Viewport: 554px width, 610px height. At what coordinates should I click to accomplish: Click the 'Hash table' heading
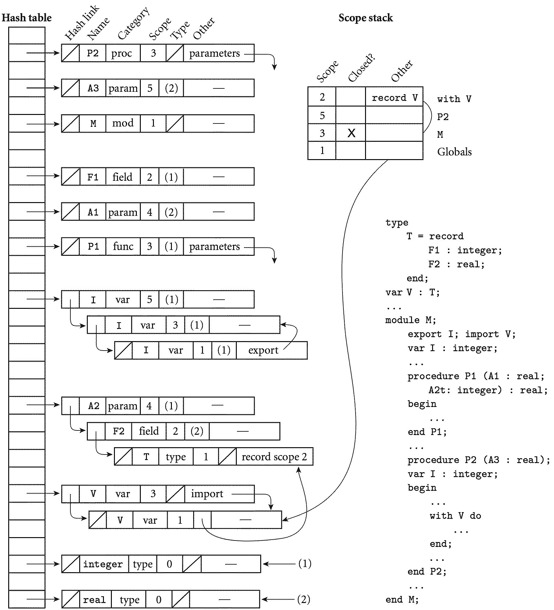[27, 18]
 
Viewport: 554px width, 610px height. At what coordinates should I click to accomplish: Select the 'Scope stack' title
[365, 18]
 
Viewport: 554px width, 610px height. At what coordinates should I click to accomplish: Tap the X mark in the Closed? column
[351, 133]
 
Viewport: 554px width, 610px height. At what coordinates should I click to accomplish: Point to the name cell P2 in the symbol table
[93, 53]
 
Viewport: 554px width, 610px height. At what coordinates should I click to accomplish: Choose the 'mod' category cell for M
[123, 123]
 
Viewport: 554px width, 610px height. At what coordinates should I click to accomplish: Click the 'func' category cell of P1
[123, 246]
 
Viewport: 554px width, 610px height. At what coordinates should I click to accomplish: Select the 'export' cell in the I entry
[263, 350]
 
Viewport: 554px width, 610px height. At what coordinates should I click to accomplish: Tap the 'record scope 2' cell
[274, 457]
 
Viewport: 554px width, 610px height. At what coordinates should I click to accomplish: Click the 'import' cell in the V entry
[207, 494]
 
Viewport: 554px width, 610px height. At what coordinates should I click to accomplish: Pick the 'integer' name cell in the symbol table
[103, 564]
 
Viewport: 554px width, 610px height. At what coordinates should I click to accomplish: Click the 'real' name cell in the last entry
[94, 600]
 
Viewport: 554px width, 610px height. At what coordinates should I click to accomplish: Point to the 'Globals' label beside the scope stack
[454, 152]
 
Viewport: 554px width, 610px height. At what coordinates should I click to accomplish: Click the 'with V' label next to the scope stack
[454, 99]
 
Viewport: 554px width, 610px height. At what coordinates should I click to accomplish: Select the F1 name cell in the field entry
[93, 177]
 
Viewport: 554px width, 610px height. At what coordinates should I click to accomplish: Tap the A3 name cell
[93, 88]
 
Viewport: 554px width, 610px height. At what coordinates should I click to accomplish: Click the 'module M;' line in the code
[410, 320]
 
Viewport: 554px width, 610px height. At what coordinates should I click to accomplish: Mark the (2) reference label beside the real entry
[304, 599]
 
